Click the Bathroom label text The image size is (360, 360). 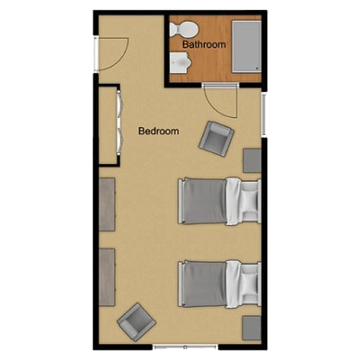tap(204, 45)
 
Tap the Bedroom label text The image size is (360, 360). tap(158, 131)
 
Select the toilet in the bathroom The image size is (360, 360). tap(184, 29)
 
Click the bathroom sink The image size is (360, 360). tap(180, 62)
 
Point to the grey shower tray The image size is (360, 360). tap(247, 47)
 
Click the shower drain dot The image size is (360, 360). tap(257, 68)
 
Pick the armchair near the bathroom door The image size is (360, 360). tap(216, 139)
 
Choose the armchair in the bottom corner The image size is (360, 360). tap(137, 321)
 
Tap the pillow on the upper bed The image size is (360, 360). tap(249, 200)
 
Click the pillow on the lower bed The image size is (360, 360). tap(249, 283)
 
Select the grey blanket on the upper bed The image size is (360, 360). tap(204, 201)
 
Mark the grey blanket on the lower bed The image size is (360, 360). tap(204, 284)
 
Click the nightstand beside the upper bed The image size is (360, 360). tap(252, 160)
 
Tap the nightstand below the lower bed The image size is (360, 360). tap(252, 328)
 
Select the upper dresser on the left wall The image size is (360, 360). tap(107, 204)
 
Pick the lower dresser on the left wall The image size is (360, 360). tap(107, 277)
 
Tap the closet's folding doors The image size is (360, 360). tap(120, 123)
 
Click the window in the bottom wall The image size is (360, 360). tap(185, 347)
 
